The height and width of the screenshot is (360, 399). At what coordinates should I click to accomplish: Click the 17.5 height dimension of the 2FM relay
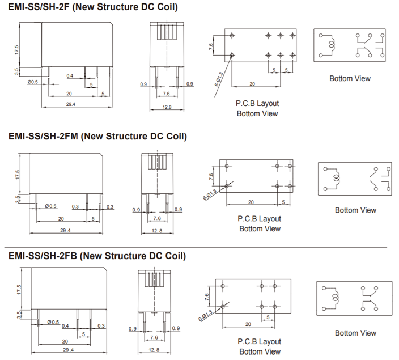(18, 173)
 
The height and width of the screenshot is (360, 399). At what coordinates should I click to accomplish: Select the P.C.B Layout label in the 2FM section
(259, 218)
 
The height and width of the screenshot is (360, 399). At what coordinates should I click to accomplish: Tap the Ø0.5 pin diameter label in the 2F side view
(33, 82)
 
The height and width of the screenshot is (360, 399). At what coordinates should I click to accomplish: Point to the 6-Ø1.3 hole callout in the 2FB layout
(205, 314)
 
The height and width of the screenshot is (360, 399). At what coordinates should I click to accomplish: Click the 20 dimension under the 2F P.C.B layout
(252, 84)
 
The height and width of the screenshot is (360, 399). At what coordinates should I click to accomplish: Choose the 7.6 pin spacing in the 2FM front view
(157, 218)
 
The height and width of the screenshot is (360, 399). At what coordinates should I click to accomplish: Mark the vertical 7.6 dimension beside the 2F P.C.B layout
(211, 46)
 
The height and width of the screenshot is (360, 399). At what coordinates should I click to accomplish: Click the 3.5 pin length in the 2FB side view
(18, 314)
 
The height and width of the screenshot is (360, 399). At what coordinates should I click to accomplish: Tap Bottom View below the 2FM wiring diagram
(355, 210)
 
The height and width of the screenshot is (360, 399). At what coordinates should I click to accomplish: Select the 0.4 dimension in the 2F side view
(69, 75)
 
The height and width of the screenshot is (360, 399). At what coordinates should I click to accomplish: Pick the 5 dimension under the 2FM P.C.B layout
(283, 202)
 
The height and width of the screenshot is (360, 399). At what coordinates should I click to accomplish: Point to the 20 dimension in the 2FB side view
(65, 342)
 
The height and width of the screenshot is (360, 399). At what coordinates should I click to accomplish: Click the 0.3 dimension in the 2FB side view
(101, 325)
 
